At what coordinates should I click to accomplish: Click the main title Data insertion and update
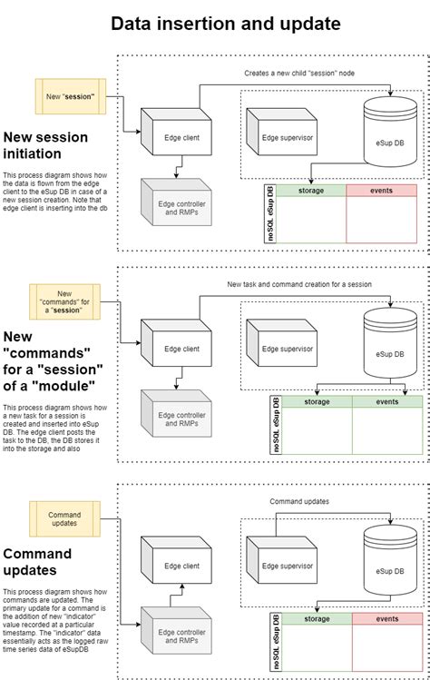point(226,24)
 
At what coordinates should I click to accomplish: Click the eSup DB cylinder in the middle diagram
point(389,345)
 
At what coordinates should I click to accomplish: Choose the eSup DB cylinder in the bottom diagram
point(389,563)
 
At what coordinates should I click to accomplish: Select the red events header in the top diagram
point(381,191)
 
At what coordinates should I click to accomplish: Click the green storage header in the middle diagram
point(317,401)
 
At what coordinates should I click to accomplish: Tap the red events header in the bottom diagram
point(386,619)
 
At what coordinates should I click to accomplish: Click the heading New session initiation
point(45,145)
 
